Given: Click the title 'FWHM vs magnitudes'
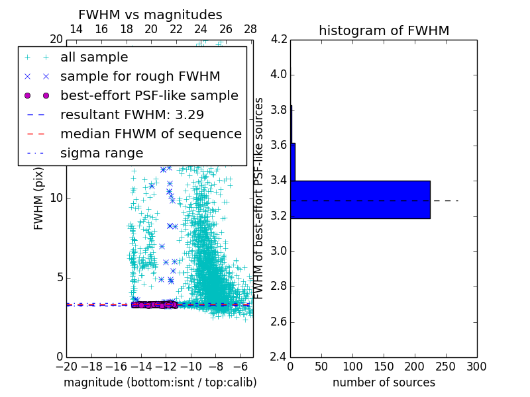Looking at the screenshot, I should tap(150, 15).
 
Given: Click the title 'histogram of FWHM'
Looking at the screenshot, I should tap(384, 31).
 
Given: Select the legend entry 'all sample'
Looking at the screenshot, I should tap(94, 58).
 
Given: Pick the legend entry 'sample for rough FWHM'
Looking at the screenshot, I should tap(140, 76).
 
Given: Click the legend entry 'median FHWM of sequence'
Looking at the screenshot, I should tap(150, 134).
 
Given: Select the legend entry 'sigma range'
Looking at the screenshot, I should tap(101, 153).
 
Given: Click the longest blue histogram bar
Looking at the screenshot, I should tap(360, 199).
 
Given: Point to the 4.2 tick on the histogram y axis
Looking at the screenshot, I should tap(279, 39).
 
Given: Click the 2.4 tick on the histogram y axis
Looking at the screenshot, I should tap(279, 357).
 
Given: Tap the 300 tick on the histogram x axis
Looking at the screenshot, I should tap(477, 366).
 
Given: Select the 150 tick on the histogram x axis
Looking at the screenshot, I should tap(384, 366).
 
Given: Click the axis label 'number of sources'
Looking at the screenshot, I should tap(384, 382).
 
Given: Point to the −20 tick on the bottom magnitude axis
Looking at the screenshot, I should tap(66, 366).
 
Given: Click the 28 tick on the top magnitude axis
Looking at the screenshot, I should tap(250, 30).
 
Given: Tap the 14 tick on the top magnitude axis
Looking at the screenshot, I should tap(76, 30).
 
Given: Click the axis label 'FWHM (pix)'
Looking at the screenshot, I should tap(39, 198).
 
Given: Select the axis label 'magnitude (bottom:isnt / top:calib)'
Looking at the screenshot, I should tap(160, 382).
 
